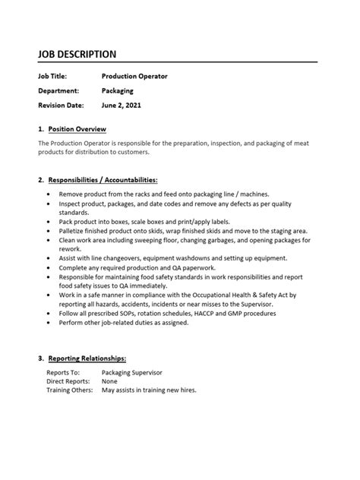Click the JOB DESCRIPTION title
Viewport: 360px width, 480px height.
pos(77,54)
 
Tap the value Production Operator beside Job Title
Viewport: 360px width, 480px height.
pos(134,76)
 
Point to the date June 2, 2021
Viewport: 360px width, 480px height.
pos(122,105)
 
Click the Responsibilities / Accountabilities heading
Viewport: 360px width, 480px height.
pos(103,180)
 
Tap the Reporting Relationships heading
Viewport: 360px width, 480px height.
pos(87,357)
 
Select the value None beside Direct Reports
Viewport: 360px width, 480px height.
pos(111,381)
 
